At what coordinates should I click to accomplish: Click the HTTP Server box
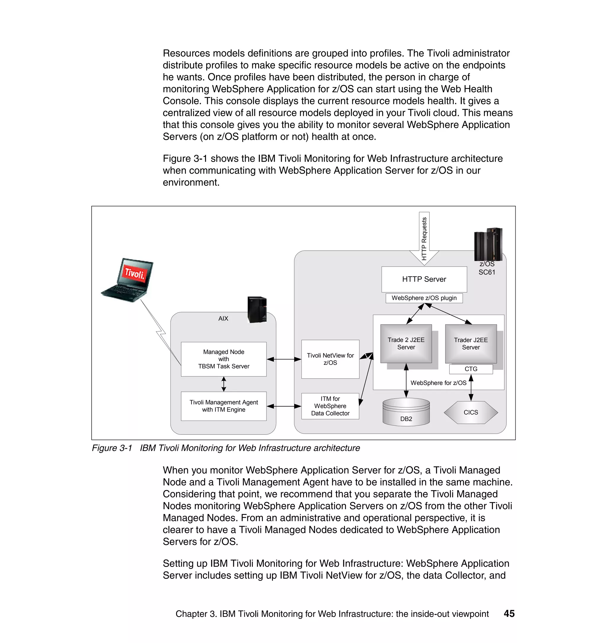(424, 279)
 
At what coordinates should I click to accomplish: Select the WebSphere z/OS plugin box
(424, 298)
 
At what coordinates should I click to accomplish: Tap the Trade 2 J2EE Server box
(406, 343)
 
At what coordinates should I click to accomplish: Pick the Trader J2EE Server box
(470, 343)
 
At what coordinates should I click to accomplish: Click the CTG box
(471, 369)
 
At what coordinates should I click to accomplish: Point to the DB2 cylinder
(406, 413)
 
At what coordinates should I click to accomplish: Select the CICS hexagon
(470, 412)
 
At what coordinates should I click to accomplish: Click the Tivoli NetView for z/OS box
(330, 359)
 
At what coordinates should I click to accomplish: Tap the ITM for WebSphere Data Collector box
(330, 406)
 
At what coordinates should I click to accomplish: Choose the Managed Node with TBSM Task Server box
(223, 359)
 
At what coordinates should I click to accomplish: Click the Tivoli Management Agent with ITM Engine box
(223, 406)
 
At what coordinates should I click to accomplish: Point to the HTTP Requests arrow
(424, 238)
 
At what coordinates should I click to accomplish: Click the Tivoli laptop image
(128, 280)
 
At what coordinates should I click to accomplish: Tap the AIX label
(223, 319)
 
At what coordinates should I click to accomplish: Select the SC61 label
(487, 272)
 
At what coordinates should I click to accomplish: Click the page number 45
(509, 614)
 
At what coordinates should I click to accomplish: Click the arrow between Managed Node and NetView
(284, 359)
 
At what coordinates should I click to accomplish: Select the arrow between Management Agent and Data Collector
(284, 406)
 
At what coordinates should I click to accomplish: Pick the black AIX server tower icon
(257, 310)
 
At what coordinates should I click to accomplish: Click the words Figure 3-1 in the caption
(112, 448)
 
